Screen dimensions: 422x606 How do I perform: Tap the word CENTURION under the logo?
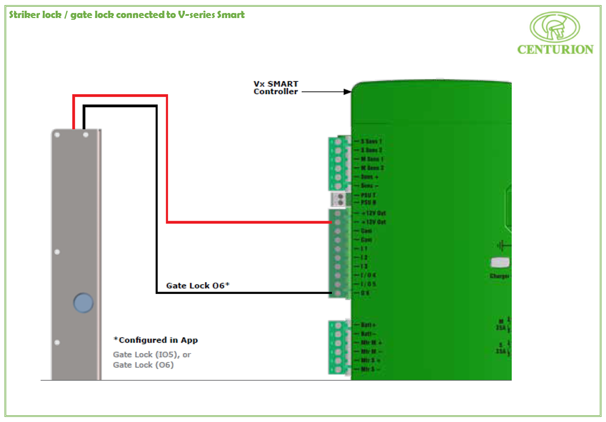[x=555, y=50]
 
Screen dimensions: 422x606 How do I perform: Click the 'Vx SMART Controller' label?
[x=276, y=87]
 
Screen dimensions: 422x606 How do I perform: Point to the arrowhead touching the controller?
[x=347, y=91]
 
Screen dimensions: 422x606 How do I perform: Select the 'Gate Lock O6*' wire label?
[x=197, y=285]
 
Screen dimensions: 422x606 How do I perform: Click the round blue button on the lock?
[x=83, y=303]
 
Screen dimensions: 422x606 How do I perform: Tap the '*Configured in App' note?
[x=156, y=340]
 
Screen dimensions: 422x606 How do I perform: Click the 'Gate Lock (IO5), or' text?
[x=152, y=354]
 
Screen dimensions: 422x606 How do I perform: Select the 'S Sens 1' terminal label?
[x=371, y=141]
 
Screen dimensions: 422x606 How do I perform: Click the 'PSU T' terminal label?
[x=369, y=195]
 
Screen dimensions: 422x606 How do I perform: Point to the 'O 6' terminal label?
[x=365, y=293]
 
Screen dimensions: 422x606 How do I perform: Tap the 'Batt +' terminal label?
[x=368, y=325]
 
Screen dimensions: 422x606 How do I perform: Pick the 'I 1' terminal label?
[x=364, y=249]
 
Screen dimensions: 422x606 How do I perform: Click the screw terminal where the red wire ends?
[x=337, y=222]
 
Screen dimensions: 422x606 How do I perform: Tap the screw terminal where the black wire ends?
[x=337, y=293]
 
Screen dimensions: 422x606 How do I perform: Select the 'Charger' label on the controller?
[x=499, y=276]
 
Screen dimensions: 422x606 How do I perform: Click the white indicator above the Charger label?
[x=500, y=262]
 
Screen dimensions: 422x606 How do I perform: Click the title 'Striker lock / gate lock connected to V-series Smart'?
[x=127, y=15]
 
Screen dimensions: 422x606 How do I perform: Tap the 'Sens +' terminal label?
[x=369, y=177]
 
